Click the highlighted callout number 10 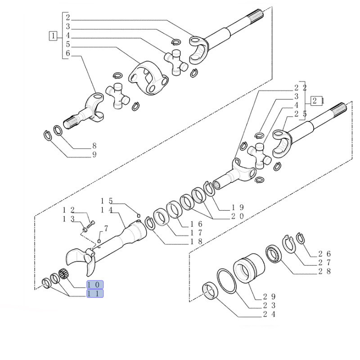95,284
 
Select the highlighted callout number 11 95,293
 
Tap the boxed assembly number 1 54,36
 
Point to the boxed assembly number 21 318,101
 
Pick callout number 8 94,145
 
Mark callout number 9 94,155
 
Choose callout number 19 238,207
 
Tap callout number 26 324,254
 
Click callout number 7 106,229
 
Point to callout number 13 68,219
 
